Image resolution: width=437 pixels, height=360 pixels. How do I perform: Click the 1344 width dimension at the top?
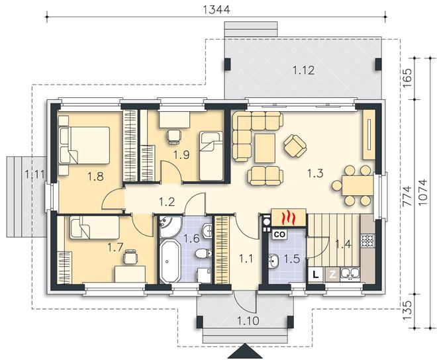click(217, 9)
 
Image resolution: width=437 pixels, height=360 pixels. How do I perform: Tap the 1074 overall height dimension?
click(422, 193)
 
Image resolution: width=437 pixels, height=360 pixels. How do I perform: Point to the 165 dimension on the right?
click(407, 77)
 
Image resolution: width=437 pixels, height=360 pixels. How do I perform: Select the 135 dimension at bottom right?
click(407, 310)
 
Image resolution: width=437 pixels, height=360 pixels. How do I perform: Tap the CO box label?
click(279, 234)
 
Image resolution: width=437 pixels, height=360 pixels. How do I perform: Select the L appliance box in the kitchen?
click(315, 274)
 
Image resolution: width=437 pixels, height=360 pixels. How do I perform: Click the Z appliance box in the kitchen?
click(332, 275)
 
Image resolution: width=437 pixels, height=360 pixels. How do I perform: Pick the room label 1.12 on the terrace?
click(303, 70)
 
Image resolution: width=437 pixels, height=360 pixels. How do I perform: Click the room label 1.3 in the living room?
click(315, 173)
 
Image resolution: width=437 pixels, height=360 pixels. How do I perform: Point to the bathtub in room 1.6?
click(171, 261)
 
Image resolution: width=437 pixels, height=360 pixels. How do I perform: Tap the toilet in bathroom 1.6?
click(203, 253)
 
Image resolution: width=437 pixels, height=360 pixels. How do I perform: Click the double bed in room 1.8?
click(84, 145)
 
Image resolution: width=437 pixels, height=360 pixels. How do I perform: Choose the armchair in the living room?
click(295, 145)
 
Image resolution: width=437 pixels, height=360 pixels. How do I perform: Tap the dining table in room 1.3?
click(358, 185)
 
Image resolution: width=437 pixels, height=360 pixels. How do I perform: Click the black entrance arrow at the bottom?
click(245, 351)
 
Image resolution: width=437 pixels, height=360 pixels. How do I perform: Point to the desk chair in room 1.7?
click(130, 257)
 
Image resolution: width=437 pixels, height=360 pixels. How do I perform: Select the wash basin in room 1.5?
click(273, 261)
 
